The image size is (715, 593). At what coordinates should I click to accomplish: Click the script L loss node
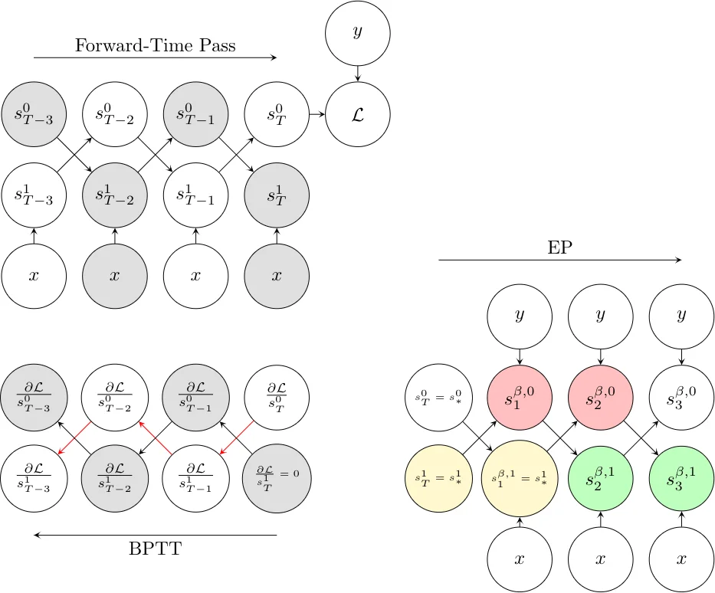(358, 115)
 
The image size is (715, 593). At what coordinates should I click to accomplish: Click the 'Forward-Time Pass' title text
(155, 45)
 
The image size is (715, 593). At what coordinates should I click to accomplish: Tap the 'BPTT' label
(155, 549)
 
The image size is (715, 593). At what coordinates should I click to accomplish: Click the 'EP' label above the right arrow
(559, 247)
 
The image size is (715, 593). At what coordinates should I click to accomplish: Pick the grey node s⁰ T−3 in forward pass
(34, 115)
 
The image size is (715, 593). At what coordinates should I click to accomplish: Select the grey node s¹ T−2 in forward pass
(115, 195)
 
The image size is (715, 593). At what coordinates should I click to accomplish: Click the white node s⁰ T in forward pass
(277, 115)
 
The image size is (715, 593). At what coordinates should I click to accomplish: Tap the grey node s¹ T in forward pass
(277, 195)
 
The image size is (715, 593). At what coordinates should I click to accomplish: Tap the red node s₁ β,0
(520, 398)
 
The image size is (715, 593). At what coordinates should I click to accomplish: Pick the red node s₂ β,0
(600, 398)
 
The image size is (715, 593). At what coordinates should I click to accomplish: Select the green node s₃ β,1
(681, 479)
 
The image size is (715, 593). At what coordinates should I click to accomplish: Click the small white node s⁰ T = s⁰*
(438, 398)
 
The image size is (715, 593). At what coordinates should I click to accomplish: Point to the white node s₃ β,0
(681, 398)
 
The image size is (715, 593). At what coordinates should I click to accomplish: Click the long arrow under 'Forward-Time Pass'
(155, 57)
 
